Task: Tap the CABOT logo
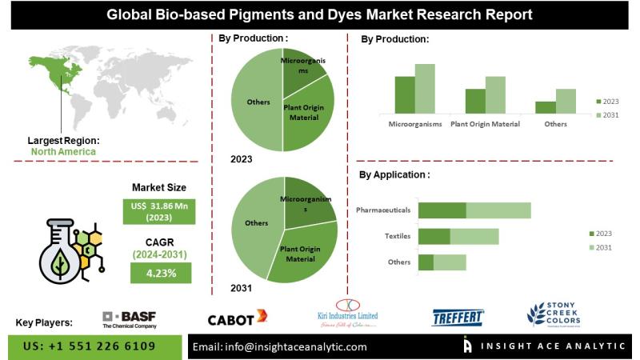point(237,319)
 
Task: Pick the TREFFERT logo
point(458,318)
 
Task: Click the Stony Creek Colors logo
point(554,314)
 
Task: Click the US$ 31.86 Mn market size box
point(160,212)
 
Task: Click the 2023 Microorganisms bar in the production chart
point(405,94)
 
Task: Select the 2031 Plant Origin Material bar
point(495,94)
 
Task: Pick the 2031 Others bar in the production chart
point(566,101)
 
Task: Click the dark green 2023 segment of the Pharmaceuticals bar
point(442,210)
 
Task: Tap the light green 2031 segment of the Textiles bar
point(474,236)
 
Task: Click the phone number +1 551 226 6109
point(88,346)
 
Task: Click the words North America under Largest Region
point(63,151)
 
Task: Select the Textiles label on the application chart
point(398,236)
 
